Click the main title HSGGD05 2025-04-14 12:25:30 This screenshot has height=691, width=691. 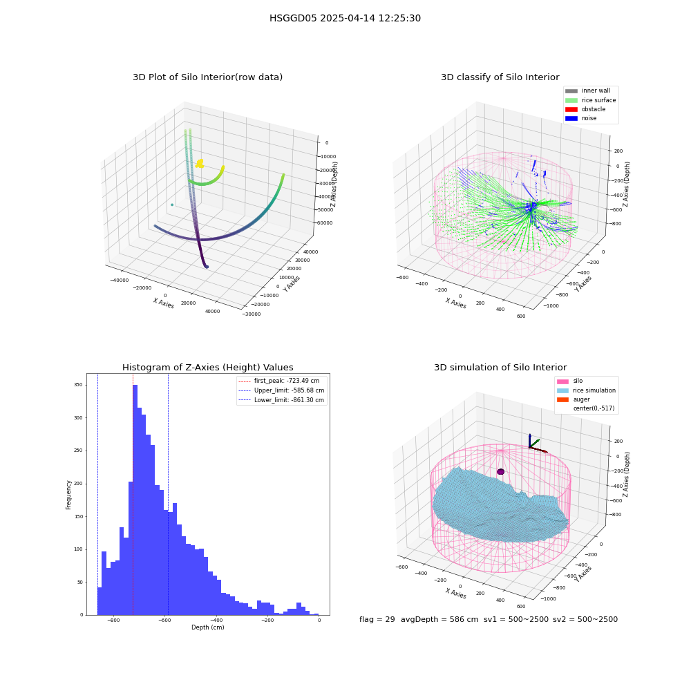pos(345,18)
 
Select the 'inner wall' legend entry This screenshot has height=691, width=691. pos(588,91)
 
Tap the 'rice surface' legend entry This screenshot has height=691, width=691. pos(591,100)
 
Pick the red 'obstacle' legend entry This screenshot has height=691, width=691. pos(585,109)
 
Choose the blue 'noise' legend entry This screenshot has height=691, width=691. pos(581,118)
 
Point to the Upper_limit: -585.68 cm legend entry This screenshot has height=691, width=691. pos(281,390)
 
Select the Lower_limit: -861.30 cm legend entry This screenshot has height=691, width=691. pos(281,400)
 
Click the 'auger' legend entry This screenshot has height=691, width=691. pos(574,399)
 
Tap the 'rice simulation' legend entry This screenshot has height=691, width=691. pos(586,390)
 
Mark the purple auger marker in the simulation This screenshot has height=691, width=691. pos(500,471)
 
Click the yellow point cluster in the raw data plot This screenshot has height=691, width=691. pos(200,164)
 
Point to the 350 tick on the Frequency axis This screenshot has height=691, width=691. pos(78,385)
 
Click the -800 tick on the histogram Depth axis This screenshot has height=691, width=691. pos(114,621)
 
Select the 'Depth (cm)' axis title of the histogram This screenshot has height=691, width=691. pos(208,627)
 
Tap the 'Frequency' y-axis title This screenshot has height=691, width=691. pos(68,495)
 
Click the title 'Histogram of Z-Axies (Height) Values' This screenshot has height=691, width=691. pos(207,367)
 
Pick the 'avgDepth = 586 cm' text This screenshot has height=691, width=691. pos(439,619)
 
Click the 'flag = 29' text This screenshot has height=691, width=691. pos(377,619)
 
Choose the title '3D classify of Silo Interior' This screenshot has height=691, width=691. pos(500,77)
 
